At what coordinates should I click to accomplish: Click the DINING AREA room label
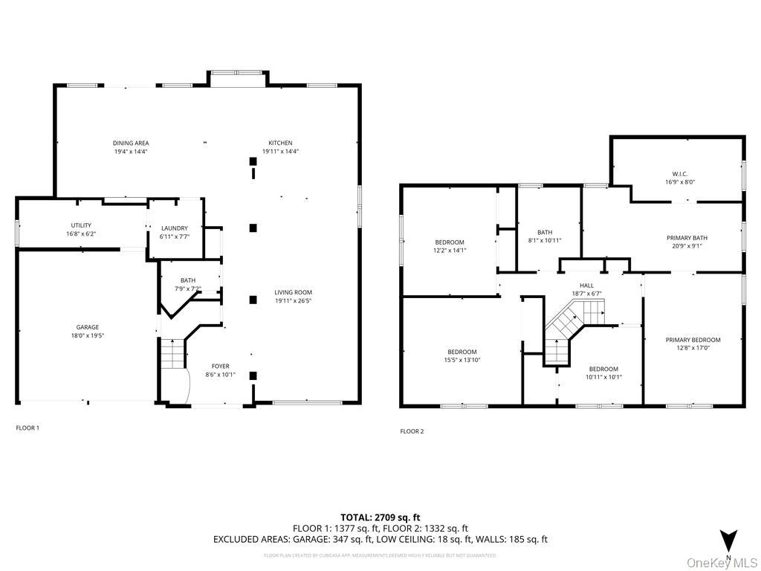[131, 143]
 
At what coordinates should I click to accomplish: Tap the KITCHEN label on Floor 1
[280, 143]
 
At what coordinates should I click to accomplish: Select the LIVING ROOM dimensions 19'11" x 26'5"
[293, 301]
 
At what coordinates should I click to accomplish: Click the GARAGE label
[87, 327]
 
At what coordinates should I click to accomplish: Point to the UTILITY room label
[81, 225]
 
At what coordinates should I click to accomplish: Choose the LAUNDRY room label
[175, 228]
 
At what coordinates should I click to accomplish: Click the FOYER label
[221, 366]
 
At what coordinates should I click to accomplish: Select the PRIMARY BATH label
[687, 238]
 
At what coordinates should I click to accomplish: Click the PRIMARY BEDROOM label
[693, 340]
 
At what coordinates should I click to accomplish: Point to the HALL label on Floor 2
[586, 285]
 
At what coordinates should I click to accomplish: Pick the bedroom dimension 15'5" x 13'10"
[462, 361]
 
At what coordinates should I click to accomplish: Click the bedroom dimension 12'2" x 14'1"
[449, 251]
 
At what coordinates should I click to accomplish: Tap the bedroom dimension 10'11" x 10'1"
[603, 377]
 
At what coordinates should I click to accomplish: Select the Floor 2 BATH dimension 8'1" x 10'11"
[545, 240]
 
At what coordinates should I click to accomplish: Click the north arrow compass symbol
[728, 541]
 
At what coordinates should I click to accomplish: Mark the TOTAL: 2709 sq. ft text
[380, 517]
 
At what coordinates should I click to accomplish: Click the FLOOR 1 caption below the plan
[27, 428]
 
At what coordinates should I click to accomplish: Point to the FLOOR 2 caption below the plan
[412, 431]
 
